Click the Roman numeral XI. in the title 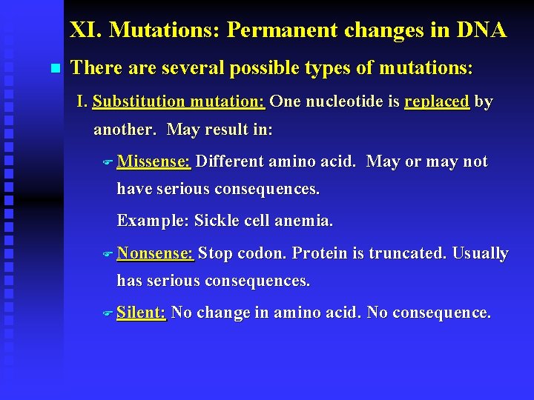(85, 30)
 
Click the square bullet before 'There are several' (53, 69)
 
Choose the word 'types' (334, 68)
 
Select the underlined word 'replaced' (437, 101)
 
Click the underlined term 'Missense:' (154, 161)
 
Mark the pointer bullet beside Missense (107, 162)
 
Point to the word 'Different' (230, 161)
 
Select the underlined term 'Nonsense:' (155, 253)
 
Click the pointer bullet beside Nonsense (107, 254)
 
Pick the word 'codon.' (262, 253)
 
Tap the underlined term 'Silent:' (141, 313)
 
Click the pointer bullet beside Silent (107, 313)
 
